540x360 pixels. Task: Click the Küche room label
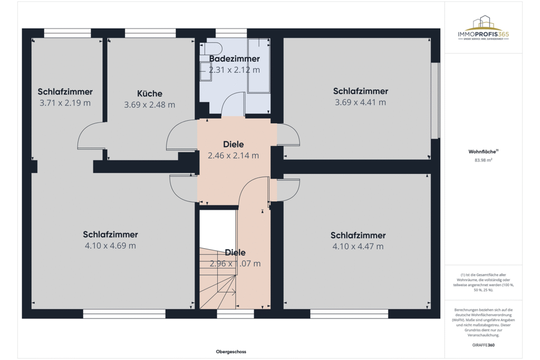tap(149, 93)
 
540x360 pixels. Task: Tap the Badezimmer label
tap(234, 59)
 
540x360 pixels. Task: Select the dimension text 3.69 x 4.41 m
tap(360, 102)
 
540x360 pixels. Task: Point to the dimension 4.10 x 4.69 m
tap(110, 246)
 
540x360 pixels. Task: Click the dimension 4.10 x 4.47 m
tap(358, 246)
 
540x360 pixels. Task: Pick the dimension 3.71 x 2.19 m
tap(65, 103)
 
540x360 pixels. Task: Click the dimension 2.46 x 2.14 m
tap(233, 155)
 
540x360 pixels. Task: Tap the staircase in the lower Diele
tap(217, 285)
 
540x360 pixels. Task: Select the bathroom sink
tap(205, 71)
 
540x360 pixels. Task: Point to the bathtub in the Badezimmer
tap(258, 65)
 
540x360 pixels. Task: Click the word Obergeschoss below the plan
tap(231, 352)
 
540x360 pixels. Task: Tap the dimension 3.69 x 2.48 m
tap(149, 105)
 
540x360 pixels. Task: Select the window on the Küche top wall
tap(150, 33)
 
